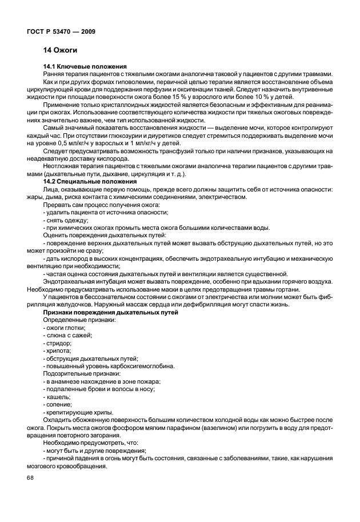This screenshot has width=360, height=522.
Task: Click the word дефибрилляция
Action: (x=223, y=305)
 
